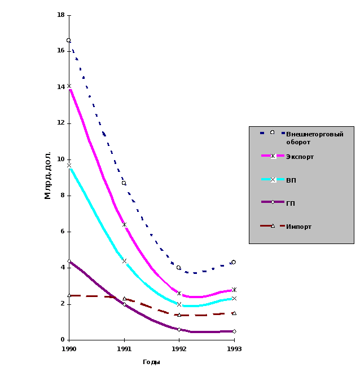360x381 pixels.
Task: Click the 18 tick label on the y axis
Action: pos(61,14)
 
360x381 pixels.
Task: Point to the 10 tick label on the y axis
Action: pos(61,159)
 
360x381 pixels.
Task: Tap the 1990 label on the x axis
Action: pos(69,349)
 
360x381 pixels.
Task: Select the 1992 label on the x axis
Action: pos(179,349)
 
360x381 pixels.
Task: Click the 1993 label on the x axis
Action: pos(234,349)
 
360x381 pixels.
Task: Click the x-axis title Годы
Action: pos(151,362)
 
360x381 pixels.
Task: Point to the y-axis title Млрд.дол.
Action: pos(48,175)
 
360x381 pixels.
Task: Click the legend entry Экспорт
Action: pos(300,157)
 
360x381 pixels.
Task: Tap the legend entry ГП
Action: pos(291,203)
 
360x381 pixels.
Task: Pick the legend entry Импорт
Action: pos(298,227)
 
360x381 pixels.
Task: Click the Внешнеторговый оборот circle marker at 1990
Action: pos(69,41)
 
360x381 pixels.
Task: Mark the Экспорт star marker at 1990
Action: pos(69,86)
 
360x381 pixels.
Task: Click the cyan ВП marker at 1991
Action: pos(125,262)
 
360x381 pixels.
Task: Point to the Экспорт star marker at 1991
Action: pos(125,225)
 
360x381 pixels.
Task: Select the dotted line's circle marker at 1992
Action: pos(179,268)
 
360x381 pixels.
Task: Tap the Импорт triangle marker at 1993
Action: pos(234,313)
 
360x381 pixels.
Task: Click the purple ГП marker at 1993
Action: pos(234,331)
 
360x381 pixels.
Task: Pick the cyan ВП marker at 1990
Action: pos(69,166)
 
